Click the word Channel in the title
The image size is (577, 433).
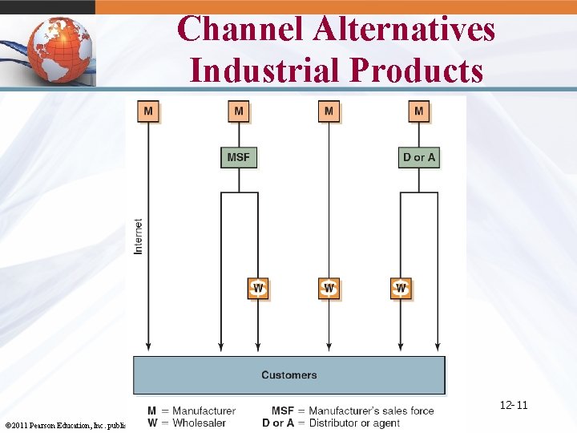[x=241, y=30]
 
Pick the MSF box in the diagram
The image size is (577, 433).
[x=239, y=156]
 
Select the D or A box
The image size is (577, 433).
[x=419, y=156]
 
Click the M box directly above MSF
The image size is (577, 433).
[x=239, y=110]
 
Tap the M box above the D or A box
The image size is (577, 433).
[x=419, y=110]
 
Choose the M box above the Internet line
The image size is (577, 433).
[x=148, y=110]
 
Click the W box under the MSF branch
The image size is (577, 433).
[x=258, y=288]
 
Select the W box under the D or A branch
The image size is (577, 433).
[x=401, y=288]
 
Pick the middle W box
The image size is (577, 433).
[x=329, y=288]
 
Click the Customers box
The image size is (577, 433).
[x=288, y=374]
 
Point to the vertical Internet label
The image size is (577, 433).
[x=139, y=237]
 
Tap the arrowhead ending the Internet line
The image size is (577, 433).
[x=148, y=346]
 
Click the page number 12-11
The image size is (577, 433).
[x=514, y=405]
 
